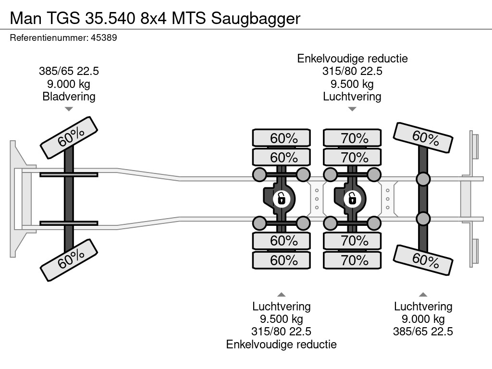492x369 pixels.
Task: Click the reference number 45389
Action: coord(104,37)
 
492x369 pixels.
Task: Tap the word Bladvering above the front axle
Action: coord(69,96)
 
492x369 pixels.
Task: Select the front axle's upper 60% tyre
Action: coord(69,137)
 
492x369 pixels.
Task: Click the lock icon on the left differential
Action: coord(281,197)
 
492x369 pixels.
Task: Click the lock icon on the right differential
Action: coord(352,197)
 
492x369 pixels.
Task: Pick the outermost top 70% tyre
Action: coord(352,138)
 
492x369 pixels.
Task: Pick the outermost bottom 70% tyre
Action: coord(352,260)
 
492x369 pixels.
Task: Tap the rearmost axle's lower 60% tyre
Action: coord(423,260)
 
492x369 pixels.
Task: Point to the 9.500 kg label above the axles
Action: coord(352,84)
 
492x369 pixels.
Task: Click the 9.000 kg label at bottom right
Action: coord(423,319)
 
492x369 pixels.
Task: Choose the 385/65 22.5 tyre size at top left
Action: coord(69,71)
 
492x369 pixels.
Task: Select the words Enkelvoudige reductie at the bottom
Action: coord(281,344)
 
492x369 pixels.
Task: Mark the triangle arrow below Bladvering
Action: coord(69,109)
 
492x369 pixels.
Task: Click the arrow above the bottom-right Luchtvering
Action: coord(423,295)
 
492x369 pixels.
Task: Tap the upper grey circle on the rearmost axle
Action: coord(423,180)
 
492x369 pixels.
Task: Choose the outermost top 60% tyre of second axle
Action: coord(282,138)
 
